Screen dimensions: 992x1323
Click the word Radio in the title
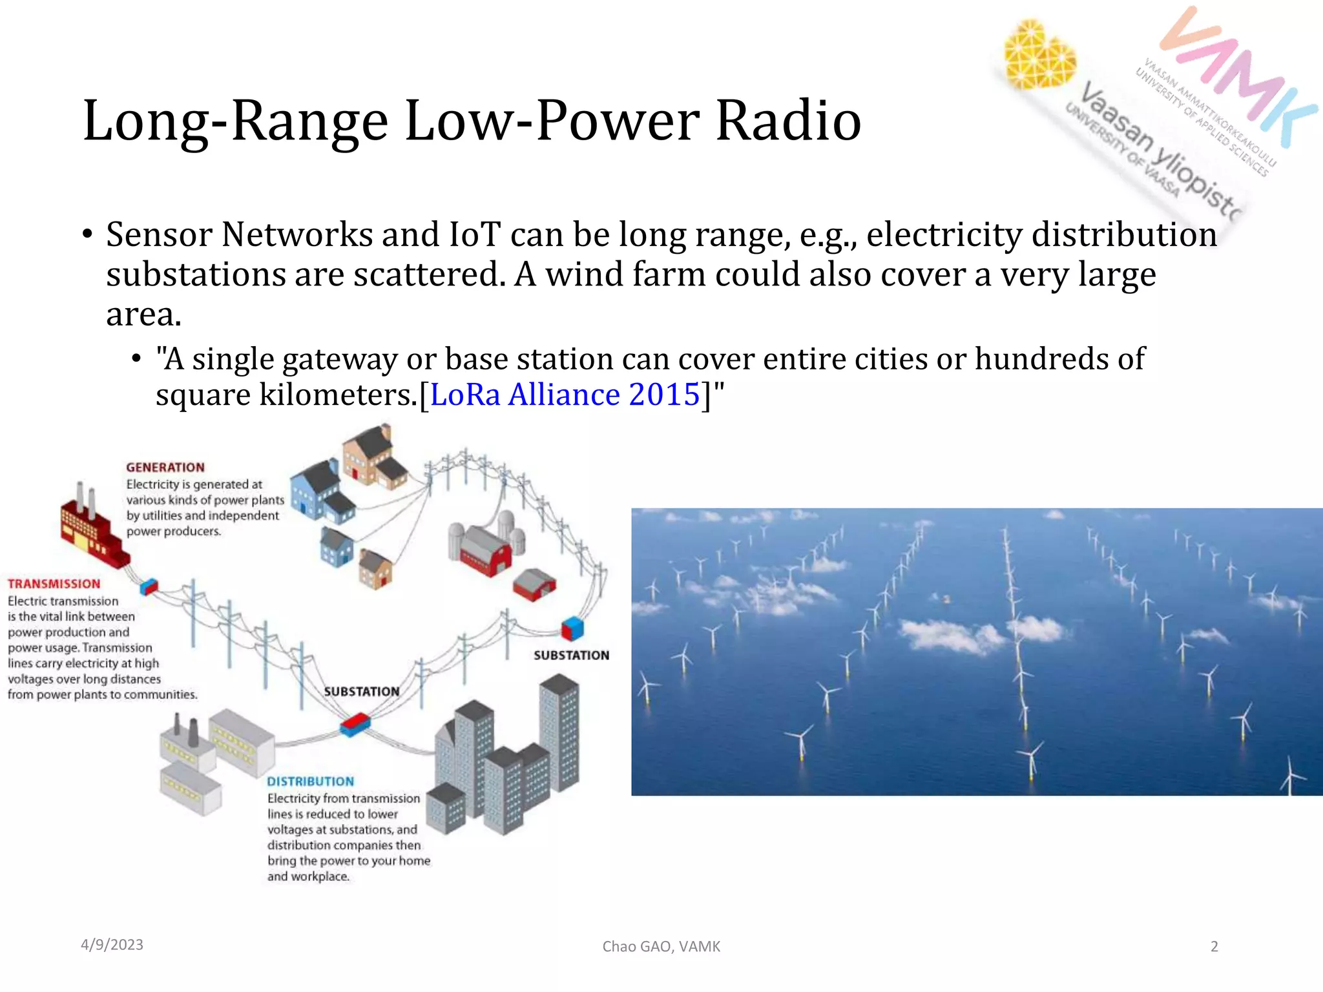click(x=788, y=121)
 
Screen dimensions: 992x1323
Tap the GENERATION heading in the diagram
click(x=165, y=468)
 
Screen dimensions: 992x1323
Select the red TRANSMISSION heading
click(x=54, y=584)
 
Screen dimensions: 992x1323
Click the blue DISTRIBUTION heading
click(x=311, y=781)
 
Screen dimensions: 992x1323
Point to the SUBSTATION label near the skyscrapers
click(x=571, y=656)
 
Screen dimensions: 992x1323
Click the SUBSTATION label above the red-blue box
click(x=361, y=692)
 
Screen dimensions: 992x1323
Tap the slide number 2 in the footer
click(x=1214, y=947)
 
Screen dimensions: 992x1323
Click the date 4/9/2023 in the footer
click(x=112, y=945)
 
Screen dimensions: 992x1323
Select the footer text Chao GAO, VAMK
click(x=661, y=947)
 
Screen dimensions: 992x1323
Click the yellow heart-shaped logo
click(x=1038, y=55)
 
